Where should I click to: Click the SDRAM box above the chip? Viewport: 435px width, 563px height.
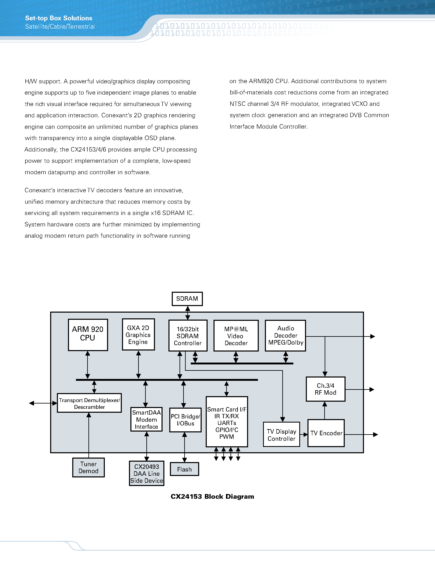[187, 299]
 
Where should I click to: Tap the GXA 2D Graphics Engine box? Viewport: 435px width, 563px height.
[138, 334]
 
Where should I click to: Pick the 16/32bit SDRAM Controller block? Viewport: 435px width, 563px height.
[188, 336]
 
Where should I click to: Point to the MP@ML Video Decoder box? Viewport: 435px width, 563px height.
[236, 336]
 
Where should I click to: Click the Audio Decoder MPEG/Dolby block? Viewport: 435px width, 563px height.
[286, 336]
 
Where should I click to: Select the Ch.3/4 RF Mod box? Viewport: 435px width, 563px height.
[325, 389]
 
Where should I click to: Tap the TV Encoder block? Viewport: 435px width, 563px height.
[326, 433]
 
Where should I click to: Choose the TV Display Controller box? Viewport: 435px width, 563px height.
[281, 435]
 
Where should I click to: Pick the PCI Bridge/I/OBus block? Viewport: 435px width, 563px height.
[185, 420]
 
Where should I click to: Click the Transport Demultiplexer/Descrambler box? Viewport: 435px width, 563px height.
[89, 403]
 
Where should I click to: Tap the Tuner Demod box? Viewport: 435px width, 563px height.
[88, 467]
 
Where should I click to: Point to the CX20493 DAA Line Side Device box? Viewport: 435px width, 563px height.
[147, 473]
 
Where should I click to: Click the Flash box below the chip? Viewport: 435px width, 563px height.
[184, 469]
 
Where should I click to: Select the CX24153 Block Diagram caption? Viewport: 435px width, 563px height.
[212, 496]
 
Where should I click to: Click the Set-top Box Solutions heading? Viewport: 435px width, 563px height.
[59, 18]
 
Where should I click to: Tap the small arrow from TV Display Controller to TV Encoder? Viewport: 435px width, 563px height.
[304, 435]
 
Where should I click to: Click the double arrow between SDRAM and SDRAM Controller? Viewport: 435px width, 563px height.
[188, 313]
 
